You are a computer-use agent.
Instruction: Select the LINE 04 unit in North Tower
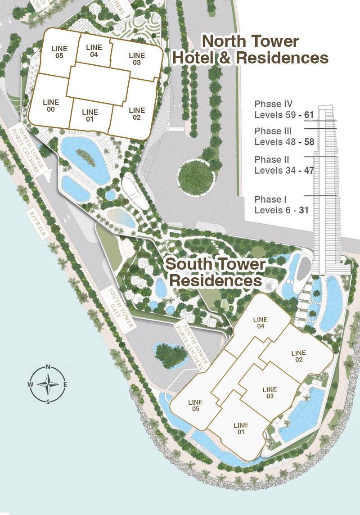(94, 51)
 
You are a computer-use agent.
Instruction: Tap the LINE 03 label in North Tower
(135, 59)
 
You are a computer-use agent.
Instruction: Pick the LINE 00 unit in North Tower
(51, 106)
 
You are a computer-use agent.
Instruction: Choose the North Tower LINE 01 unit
(90, 115)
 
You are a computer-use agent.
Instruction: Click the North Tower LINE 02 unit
(136, 113)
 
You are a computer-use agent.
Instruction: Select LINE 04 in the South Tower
(261, 323)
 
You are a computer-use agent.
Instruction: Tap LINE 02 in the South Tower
(298, 356)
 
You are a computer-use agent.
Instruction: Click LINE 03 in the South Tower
(270, 393)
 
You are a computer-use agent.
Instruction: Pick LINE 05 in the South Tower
(196, 406)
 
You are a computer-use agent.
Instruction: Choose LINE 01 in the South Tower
(241, 429)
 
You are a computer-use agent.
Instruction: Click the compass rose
(48, 384)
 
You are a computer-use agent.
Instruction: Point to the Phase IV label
(283, 109)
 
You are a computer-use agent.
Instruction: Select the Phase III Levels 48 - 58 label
(283, 137)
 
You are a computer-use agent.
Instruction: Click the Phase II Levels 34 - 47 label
(283, 165)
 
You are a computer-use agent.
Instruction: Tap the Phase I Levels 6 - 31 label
(281, 204)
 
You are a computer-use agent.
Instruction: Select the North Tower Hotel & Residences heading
(250, 50)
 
